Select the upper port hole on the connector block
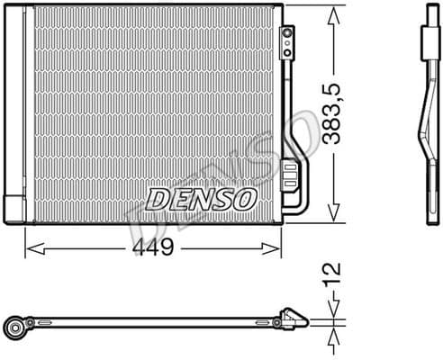pyautogui.click(x=288, y=32)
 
